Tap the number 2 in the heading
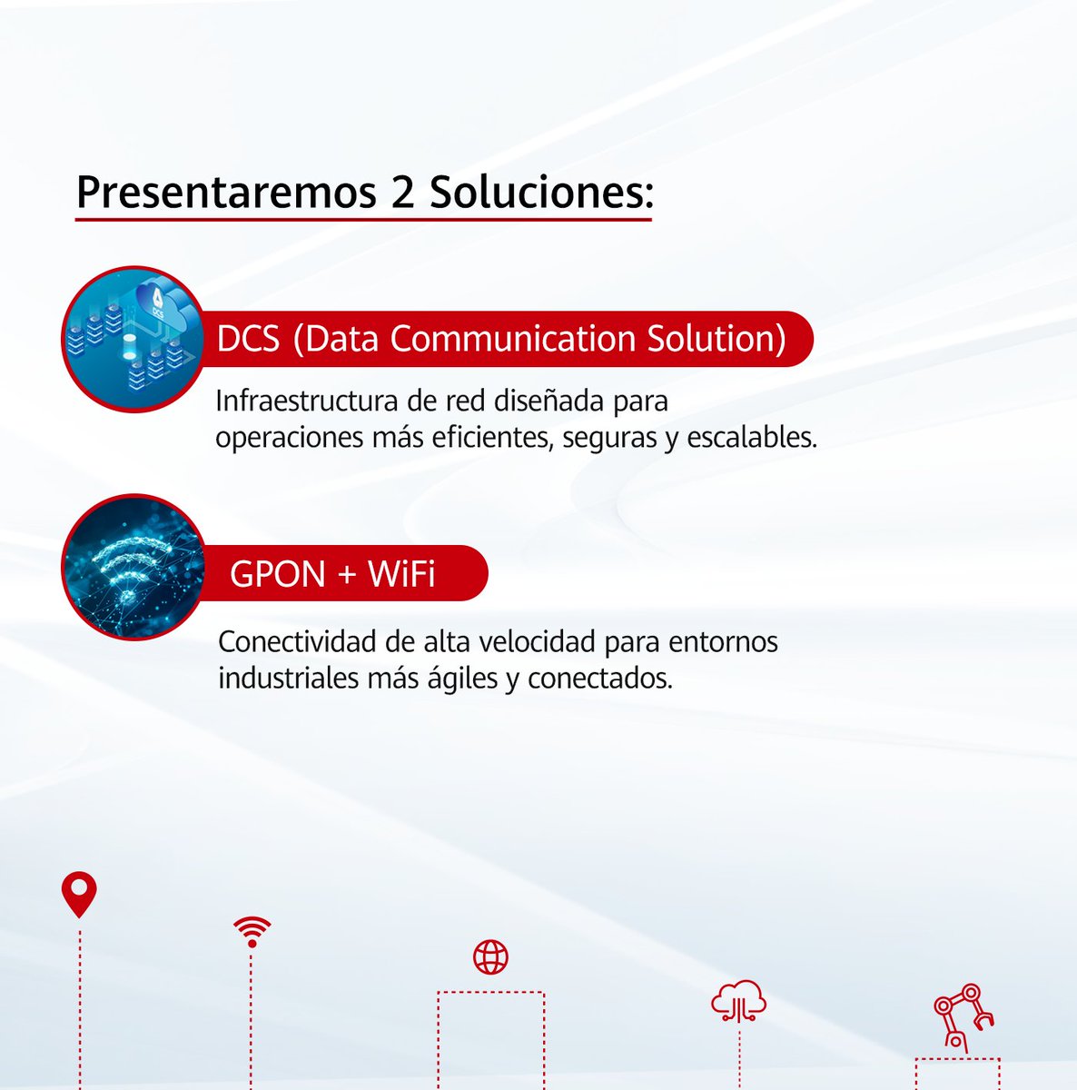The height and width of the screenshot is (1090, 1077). tap(400, 192)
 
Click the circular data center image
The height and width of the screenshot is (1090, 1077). tap(133, 339)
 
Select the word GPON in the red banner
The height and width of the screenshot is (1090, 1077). tap(277, 574)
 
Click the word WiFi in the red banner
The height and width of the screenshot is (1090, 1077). tap(401, 574)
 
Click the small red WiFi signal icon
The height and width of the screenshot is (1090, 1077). tap(252, 931)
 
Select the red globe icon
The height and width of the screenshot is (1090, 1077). tap(490, 956)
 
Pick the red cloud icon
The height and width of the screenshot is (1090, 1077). tap(738, 1000)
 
